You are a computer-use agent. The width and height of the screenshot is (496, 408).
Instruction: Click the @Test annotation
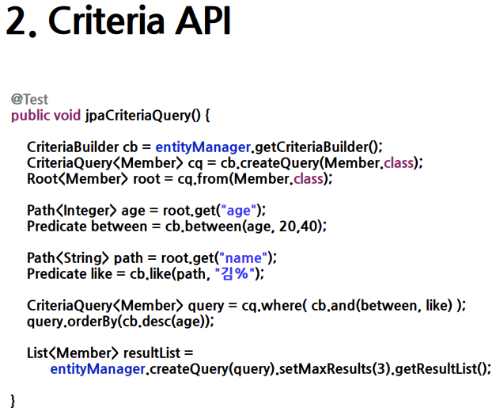29,100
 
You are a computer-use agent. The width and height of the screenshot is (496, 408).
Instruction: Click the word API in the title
203,21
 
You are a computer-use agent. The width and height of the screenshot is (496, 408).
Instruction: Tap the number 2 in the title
17,21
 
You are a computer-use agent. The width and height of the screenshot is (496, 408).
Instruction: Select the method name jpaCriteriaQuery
138,116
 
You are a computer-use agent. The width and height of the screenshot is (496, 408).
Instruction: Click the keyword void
67,115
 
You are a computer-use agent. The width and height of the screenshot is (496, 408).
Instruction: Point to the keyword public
30,116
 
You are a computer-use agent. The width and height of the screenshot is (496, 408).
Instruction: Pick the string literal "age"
239,210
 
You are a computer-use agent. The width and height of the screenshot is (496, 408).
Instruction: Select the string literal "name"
243,257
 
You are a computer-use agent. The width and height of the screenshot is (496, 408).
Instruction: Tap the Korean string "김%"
234,273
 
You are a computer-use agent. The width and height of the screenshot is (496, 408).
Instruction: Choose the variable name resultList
152,353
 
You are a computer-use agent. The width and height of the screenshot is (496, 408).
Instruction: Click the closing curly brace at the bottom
13,401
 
